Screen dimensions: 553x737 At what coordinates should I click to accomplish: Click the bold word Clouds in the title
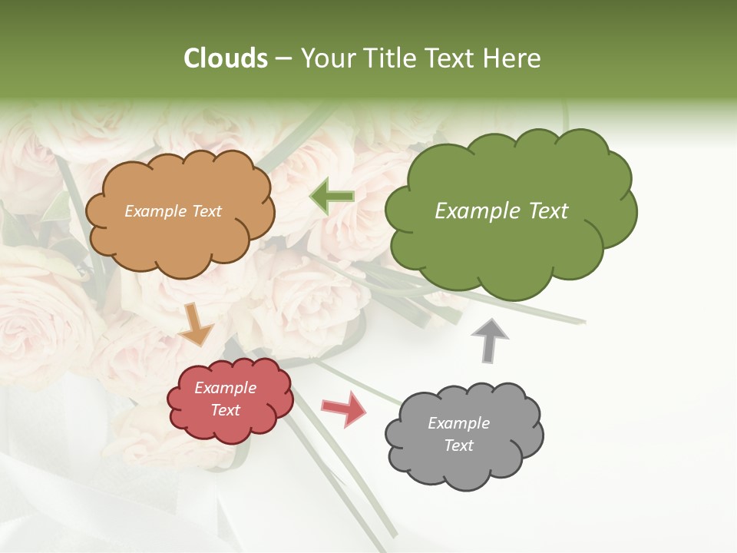coord(226,58)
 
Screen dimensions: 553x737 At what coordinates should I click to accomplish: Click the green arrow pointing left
coord(332,196)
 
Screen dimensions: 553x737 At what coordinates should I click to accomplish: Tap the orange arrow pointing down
coord(196,324)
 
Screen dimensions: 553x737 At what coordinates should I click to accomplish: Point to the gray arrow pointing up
coord(489,340)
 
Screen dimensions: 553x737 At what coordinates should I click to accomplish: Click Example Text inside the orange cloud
coord(173,211)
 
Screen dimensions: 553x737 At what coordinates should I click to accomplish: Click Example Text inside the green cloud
coord(501,211)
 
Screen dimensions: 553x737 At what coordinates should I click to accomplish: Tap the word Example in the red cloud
coord(225,388)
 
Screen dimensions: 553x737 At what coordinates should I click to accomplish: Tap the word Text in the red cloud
coord(225,410)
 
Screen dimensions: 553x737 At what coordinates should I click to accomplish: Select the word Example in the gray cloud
coord(458,423)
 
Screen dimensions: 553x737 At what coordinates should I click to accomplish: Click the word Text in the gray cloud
coord(458,445)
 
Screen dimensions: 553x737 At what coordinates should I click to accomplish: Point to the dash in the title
coord(283,58)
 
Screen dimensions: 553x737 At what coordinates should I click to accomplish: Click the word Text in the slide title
coord(451,58)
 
